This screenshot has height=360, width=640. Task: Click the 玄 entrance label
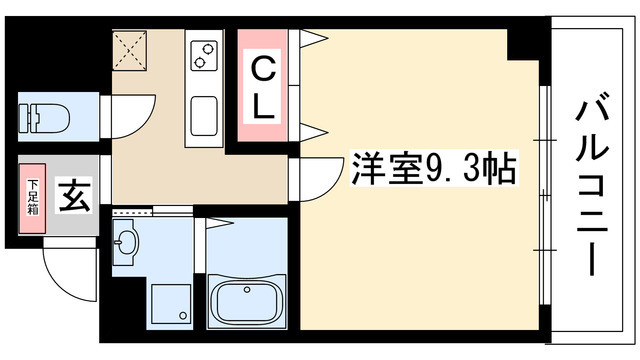pos(76,194)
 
